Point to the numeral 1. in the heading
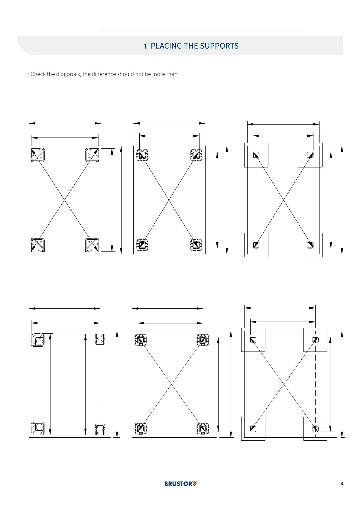pos(146,46)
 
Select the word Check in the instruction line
pos(38,74)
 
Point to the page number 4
pos(342,484)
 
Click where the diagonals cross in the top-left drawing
pos(65,200)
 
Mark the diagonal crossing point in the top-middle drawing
pos(169,200)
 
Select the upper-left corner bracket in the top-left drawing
pos(38,155)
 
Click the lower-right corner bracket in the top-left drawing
pos(92,245)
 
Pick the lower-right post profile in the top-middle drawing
pos(196,245)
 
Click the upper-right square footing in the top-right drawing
pos(310,155)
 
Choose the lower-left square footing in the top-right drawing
pos(256,245)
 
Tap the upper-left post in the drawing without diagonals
pos(38,340)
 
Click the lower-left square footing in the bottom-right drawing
pos(253,429)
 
